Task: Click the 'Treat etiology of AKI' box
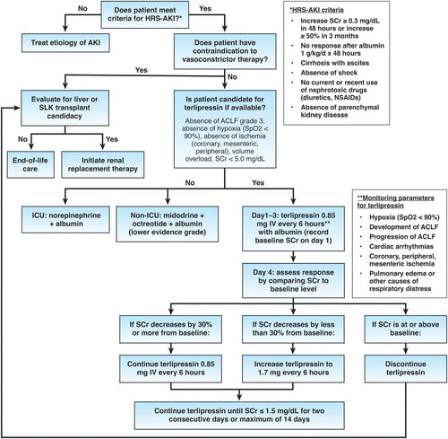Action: pos(65,42)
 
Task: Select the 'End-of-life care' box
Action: pos(30,164)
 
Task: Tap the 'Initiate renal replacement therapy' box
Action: pos(103,164)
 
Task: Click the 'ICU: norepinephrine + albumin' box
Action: pos(65,219)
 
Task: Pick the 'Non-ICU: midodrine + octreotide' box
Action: pos(168,224)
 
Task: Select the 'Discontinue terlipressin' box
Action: pos(406,369)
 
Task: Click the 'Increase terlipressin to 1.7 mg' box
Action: pos(293,369)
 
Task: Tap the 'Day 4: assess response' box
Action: pos(293,280)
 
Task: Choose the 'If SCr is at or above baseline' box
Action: pos(406,329)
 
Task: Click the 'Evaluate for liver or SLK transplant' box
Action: pos(65,108)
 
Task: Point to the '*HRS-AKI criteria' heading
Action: pos(316,10)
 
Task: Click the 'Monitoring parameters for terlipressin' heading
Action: pos(395,202)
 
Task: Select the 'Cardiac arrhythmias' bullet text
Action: pos(401,246)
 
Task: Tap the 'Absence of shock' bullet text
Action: pos(329,73)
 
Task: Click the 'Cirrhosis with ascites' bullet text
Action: pos(335,63)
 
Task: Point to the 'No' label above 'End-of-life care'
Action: pos(22,139)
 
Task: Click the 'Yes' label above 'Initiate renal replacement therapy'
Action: pos(112,139)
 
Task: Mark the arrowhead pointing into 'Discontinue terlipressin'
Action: pos(406,351)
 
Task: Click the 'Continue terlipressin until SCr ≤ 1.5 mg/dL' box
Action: pos(239,416)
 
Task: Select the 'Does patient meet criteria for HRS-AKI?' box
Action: pos(145,14)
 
